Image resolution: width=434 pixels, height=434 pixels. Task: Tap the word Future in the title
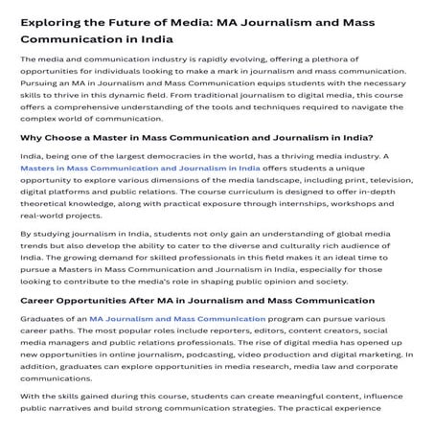coord(139,21)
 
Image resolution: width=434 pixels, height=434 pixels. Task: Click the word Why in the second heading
coord(32,136)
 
